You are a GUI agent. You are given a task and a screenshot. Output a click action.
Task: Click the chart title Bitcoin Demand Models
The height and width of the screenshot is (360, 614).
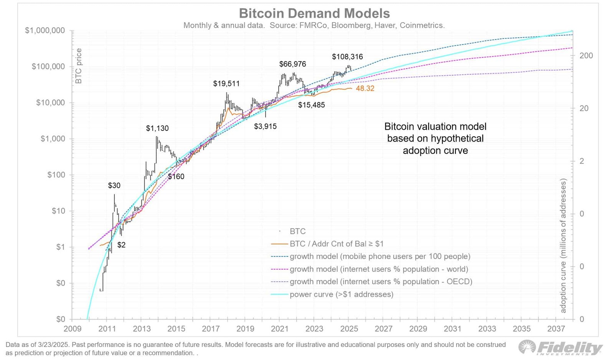(314, 13)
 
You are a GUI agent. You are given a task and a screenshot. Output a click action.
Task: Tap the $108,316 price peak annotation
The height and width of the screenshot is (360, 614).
(347, 57)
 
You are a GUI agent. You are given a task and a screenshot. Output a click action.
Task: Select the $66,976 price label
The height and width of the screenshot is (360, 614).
(292, 64)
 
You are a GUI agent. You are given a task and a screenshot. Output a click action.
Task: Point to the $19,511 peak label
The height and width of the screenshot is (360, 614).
(226, 84)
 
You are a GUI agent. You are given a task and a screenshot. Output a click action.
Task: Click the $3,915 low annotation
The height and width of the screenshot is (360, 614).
(265, 126)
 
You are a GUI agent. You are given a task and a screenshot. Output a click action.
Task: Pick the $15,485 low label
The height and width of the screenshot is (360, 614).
(311, 105)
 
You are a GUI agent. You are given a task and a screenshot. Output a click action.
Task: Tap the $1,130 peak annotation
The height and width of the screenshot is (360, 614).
(157, 128)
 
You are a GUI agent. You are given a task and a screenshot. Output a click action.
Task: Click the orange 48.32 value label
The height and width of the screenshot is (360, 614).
(365, 88)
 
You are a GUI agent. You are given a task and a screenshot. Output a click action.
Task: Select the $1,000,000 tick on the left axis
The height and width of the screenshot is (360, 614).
(45, 30)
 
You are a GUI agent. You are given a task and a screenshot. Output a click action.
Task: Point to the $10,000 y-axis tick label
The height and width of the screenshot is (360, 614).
(50, 102)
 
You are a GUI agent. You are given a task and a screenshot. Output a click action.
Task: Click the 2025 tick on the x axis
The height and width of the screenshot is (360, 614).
(349, 329)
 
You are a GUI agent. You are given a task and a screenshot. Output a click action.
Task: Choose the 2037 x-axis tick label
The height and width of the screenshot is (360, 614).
(556, 329)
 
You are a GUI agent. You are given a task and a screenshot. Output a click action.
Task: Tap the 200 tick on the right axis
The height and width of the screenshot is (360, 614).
(586, 56)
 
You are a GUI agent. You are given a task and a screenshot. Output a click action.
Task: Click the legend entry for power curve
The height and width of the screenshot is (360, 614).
(341, 294)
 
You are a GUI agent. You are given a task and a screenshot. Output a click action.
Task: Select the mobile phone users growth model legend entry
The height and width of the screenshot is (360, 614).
(380, 256)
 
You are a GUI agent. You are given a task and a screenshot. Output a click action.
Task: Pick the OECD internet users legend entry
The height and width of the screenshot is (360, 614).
(381, 282)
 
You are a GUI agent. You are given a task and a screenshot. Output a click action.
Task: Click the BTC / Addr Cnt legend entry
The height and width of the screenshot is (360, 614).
(336, 244)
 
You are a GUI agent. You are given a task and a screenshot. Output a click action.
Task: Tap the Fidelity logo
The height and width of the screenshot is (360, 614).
(560, 347)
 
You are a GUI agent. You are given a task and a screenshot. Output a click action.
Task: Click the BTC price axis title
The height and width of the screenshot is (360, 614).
(79, 66)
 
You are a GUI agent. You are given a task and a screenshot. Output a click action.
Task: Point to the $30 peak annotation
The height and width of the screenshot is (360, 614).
(114, 185)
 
